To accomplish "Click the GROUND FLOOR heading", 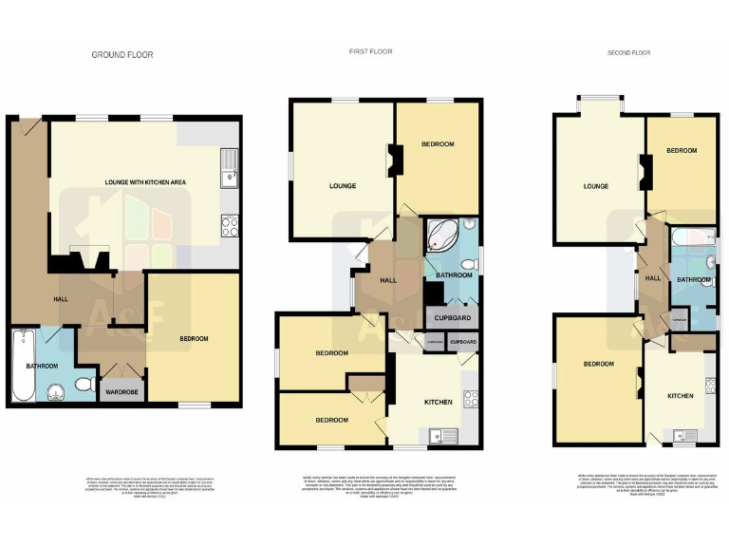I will click(121, 55).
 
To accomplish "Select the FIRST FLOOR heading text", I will click(371, 51).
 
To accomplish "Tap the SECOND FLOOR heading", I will click(629, 54).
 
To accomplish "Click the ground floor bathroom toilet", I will click(83, 384).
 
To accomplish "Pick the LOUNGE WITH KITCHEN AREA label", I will click(139, 180).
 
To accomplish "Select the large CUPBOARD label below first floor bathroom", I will click(454, 318).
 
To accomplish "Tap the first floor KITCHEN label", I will click(438, 402).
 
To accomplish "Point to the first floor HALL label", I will click(388, 280).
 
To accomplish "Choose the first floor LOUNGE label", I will click(342, 186).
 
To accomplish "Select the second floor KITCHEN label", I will click(680, 395).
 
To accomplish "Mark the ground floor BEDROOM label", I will click(194, 339).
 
